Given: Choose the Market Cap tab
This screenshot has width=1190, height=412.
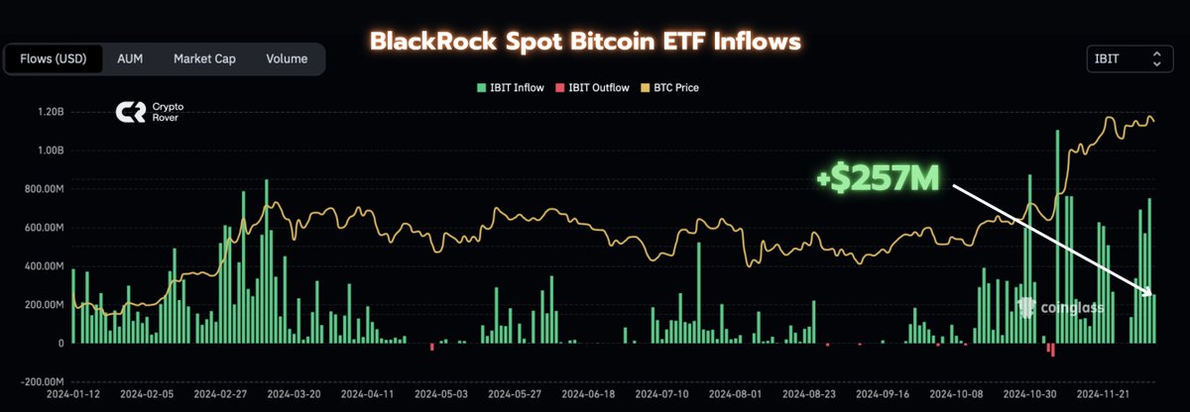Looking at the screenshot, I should [x=204, y=59].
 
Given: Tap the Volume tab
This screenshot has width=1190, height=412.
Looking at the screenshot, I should [x=287, y=59].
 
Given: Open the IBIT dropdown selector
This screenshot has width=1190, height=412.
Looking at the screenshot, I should [x=1128, y=59].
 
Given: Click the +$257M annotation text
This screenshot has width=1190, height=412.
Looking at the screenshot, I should [x=878, y=180].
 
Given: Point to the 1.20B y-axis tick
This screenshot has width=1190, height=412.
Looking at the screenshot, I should [x=51, y=112].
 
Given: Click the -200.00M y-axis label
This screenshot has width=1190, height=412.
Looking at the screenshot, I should [x=45, y=381].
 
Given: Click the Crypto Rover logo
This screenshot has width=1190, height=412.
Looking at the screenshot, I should [x=143, y=112].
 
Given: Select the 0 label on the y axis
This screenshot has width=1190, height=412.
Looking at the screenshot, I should [x=60, y=344].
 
